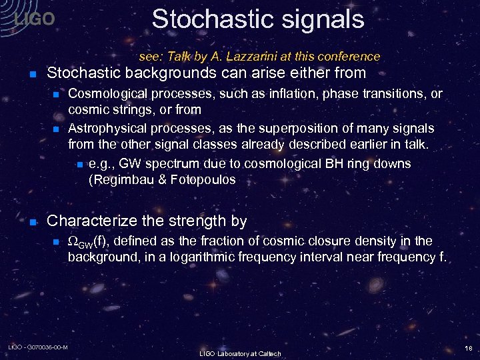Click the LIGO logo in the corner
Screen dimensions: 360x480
coord(34,19)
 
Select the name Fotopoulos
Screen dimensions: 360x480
coord(203,179)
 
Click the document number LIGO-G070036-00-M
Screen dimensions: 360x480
coord(38,347)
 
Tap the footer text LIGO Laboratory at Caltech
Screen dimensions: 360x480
coord(240,353)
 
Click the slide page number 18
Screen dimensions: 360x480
coord(469,348)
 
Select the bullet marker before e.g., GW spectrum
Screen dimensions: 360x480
coord(79,164)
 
